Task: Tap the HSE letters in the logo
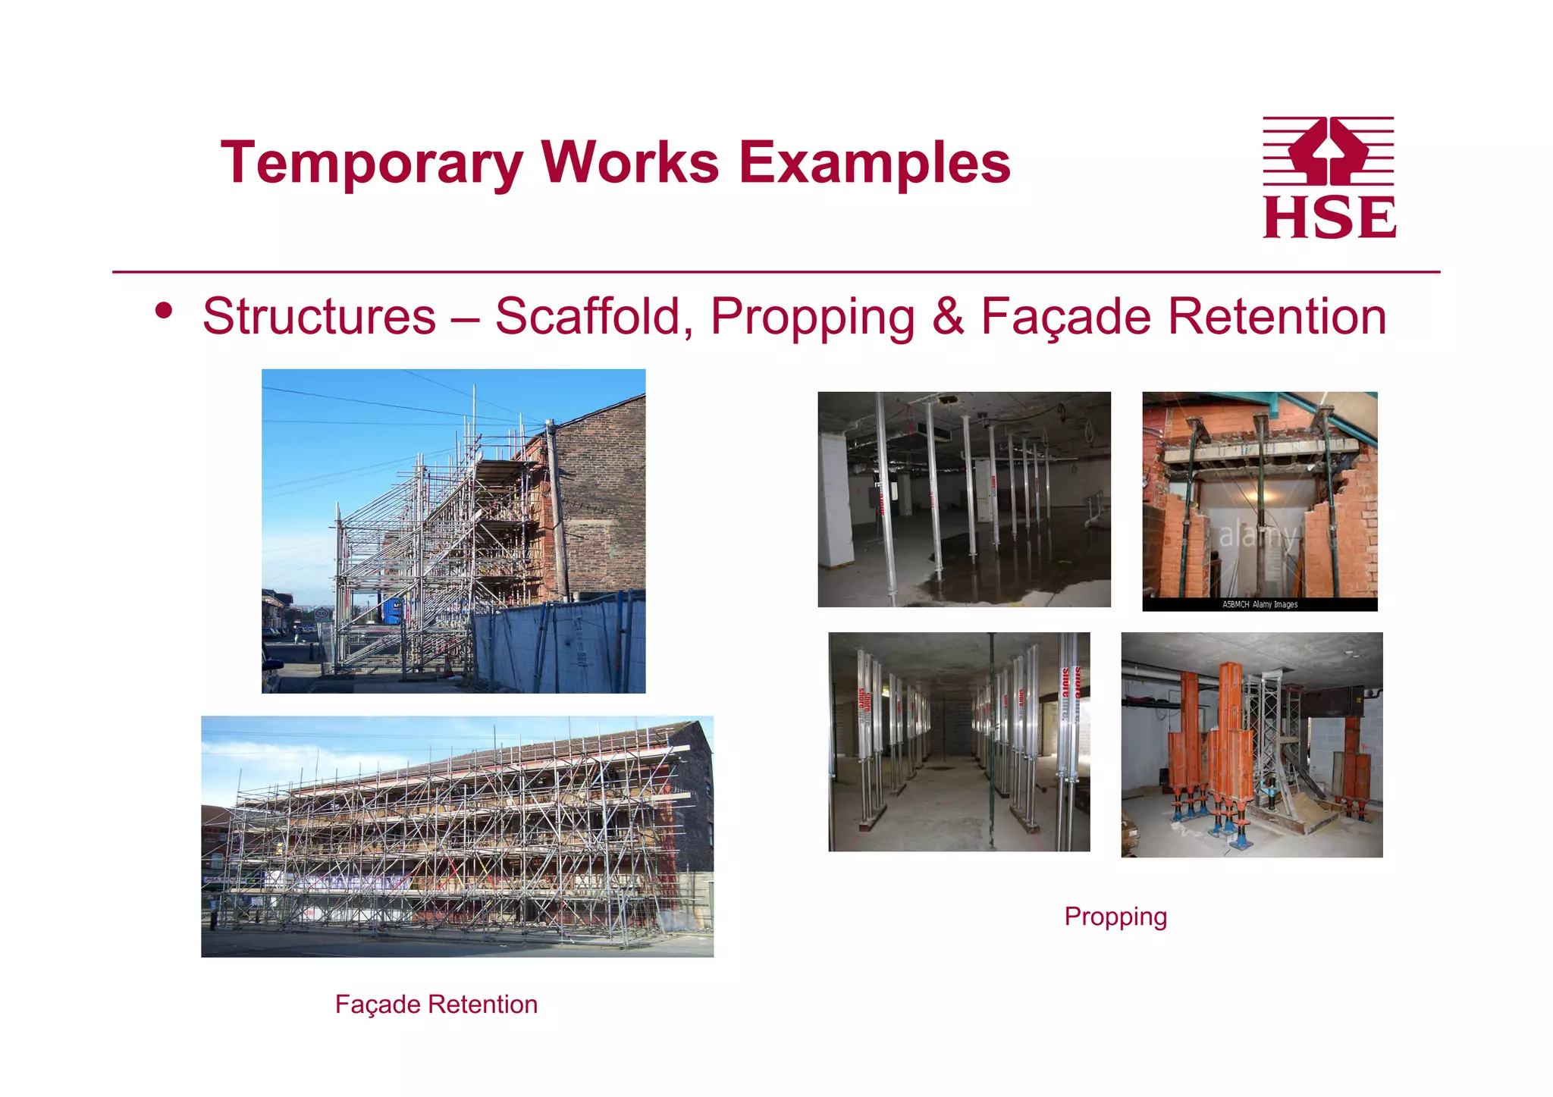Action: tap(1329, 218)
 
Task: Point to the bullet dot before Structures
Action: tap(164, 310)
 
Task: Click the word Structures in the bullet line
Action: tap(319, 316)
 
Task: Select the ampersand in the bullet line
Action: tap(948, 316)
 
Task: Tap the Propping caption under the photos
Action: tap(1115, 917)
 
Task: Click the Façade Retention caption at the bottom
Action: tap(436, 1005)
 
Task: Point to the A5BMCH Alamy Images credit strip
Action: tap(1260, 604)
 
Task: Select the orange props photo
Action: tap(1251, 744)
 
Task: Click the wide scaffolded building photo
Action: tap(456, 836)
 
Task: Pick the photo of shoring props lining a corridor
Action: tap(958, 741)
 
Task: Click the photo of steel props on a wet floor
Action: tap(964, 499)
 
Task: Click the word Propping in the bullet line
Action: tap(812, 316)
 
